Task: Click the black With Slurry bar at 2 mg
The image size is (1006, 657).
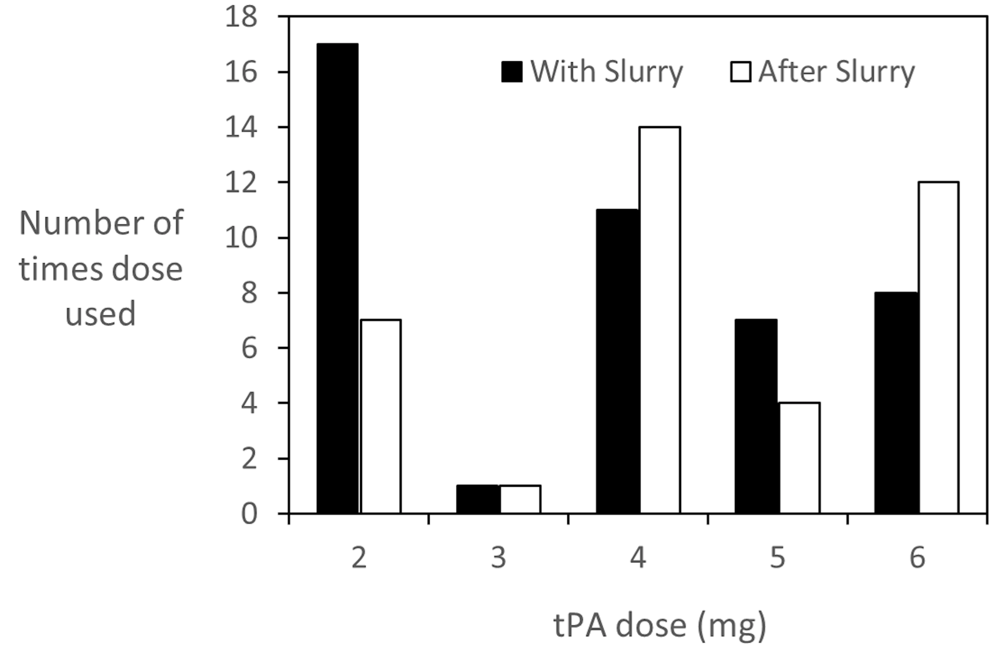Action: (338, 278)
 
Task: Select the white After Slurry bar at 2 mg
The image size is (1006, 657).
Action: (381, 416)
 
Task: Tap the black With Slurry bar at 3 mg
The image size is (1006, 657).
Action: (477, 499)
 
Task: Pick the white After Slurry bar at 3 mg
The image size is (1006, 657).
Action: (521, 499)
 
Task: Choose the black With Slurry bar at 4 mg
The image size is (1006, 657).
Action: (617, 361)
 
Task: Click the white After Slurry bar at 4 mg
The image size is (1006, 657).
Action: (660, 320)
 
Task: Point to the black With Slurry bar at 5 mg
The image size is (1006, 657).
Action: (756, 416)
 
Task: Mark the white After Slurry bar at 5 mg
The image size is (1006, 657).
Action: (799, 457)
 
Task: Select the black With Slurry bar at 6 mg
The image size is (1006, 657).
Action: (896, 402)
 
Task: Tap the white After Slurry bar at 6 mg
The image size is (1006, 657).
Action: (939, 347)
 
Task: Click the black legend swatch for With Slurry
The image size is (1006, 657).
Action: (512, 71)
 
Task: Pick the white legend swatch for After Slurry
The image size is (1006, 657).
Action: (740, 71)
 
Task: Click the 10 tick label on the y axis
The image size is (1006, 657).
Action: (241, 237)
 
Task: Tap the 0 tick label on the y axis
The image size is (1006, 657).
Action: (249, 514)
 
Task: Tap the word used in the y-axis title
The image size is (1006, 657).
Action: (101, 314)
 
